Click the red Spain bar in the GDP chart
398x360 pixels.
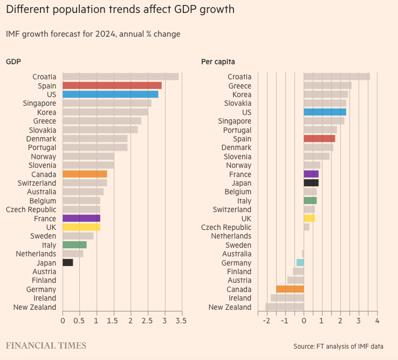click(x=112, y=85)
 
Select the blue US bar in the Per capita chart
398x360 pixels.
click(x=325, y=112)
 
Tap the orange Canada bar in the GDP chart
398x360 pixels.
click(x=85, y=174)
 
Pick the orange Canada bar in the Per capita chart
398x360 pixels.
click(x=290, y=289)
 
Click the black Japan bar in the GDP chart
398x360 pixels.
click(x=67, y=263)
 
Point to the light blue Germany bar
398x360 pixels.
click(x=300, y=263)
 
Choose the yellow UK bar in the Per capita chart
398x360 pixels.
click(x=309, y=219)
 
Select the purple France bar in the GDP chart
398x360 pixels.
click(x=81, y=219)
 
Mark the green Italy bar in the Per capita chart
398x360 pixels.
click(x=310, y=201)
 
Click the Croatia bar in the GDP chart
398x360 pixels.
click(x=120, y=77)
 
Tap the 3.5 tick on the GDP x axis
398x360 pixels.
click(x=182, y=321)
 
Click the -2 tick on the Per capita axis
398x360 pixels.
click(x=266, y=321)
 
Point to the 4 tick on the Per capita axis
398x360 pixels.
click(x=377, y=321)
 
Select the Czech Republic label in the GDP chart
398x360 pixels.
click(x=31, y=209)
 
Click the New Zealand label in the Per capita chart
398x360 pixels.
click(x=230, y=307)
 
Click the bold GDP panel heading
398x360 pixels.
click(x=13, y=62)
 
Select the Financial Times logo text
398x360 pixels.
click(x=46, y=345)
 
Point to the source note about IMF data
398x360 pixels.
click(x=338, y=346)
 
